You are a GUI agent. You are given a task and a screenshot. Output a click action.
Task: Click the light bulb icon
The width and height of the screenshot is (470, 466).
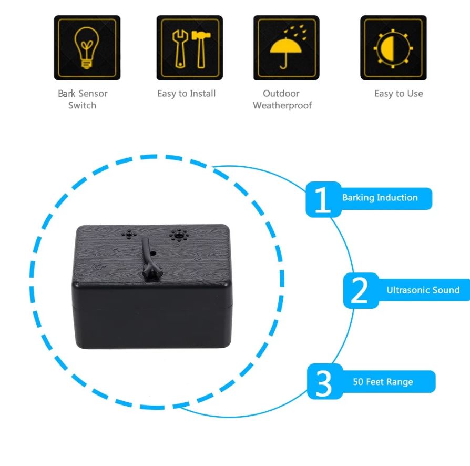[x=87, y=48]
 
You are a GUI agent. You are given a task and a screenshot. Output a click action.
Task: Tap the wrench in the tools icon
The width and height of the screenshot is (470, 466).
[x=180, y=49]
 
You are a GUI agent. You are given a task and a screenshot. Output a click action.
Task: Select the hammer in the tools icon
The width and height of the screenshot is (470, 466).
[x=201, y=49]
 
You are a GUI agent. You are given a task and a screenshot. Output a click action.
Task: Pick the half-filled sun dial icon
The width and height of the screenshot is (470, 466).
[x=393, y=48]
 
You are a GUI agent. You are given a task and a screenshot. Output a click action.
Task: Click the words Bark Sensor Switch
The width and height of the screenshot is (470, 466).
[x=83, y=99]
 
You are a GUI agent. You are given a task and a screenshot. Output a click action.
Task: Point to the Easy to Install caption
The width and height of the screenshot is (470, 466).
[x=187, y=94]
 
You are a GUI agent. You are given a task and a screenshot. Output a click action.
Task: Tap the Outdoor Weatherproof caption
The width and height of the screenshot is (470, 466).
[x=282, y=99]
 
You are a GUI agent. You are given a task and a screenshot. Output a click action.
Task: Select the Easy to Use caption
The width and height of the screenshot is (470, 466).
[x=399, y=94]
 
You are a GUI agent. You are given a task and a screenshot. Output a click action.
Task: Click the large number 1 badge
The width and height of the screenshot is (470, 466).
[x=323, y=199]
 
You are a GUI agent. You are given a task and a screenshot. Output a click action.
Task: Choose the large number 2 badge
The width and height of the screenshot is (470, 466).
[x=361, y=290]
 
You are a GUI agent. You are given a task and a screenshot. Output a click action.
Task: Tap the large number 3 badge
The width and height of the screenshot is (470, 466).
[x=324, y=381]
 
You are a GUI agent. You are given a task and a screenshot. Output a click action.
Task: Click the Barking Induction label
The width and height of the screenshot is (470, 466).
[x=380, y=198]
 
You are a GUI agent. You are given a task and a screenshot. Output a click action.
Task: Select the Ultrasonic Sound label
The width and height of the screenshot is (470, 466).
[x=423, y=290]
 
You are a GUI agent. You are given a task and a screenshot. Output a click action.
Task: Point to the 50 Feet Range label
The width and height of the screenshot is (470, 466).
[x=383, y=382]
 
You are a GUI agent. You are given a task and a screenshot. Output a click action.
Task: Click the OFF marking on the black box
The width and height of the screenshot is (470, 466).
[x=98, y=267]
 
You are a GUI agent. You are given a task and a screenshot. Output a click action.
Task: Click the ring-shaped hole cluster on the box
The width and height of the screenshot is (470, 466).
[x=179, y=235]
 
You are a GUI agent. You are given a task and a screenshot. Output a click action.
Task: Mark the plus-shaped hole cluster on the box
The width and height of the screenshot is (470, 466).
[x=129, y=235]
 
